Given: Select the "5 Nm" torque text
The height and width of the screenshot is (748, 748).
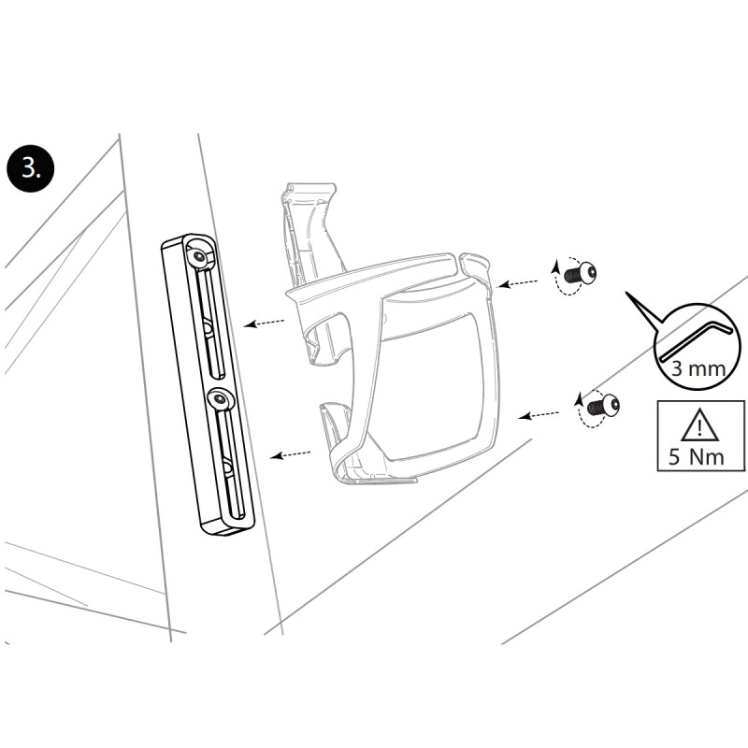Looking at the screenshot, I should click(699, 459).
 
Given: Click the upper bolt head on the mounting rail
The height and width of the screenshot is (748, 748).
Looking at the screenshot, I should click(200, 255).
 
